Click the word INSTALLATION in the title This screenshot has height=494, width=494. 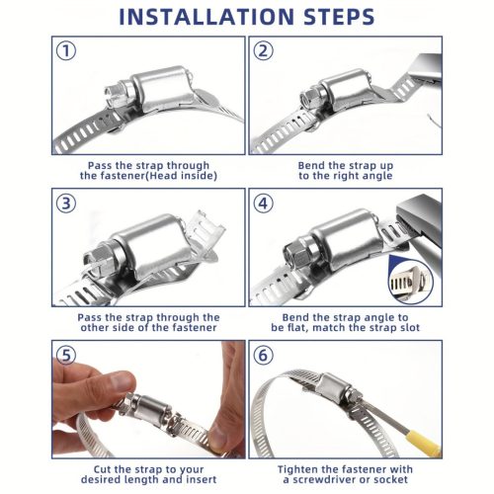206,17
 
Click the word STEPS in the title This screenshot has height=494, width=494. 339,17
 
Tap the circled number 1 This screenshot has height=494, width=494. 66,51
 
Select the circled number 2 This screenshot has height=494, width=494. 263,51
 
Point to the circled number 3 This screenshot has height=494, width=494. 66,204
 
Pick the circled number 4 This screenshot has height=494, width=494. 263,204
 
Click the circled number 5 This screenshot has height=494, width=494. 66,356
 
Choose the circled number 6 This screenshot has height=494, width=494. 263,356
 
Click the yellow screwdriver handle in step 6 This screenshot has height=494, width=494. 424,445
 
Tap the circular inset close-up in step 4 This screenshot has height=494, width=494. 411,282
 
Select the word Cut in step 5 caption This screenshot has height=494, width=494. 103,469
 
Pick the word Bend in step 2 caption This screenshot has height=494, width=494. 311,165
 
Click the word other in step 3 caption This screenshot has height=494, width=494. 96,328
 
